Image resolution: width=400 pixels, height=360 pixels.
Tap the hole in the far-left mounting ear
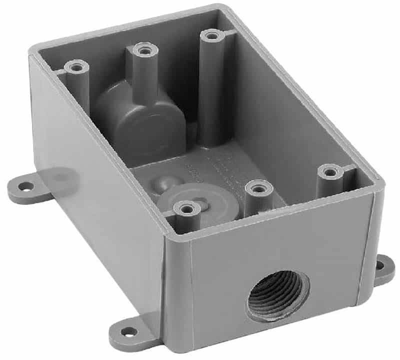[x=25, y=186]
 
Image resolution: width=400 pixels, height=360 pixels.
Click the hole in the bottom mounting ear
[x=129, y=331]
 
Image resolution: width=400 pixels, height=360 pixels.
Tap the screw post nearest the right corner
[x=330, y=172]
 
